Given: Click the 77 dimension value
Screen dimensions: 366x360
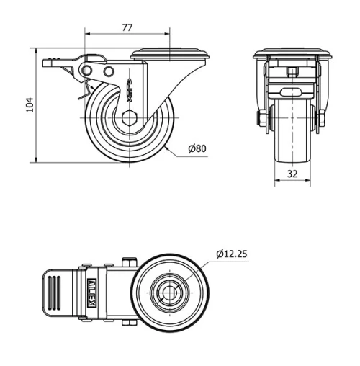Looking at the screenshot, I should click(x=127, y=27).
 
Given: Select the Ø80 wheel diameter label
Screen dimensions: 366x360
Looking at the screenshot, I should click(x=197, y=149).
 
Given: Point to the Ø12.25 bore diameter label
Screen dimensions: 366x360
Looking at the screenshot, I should click(x=232, y=253).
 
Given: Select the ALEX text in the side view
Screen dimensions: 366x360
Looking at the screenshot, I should click(x=131, y=87).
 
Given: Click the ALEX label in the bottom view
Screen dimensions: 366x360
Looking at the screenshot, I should click(x=92, y=293).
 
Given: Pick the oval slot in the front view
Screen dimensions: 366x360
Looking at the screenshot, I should click(x=292, y=92).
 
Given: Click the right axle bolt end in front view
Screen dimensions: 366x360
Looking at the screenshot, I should click(x=320, y=120).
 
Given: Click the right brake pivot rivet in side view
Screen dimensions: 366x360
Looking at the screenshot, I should click(x=109, y=72).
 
